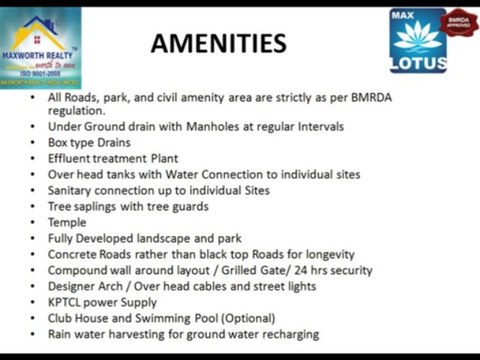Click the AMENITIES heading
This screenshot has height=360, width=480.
(x=218, y=43)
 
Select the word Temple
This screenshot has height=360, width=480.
(x=68, y=222)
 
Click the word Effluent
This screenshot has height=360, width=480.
(x=75, y=159)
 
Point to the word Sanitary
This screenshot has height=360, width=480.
(x=76, y=190)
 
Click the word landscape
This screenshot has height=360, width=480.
(x=184, y=238)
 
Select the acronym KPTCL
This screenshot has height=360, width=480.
(x=69, y=302)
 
